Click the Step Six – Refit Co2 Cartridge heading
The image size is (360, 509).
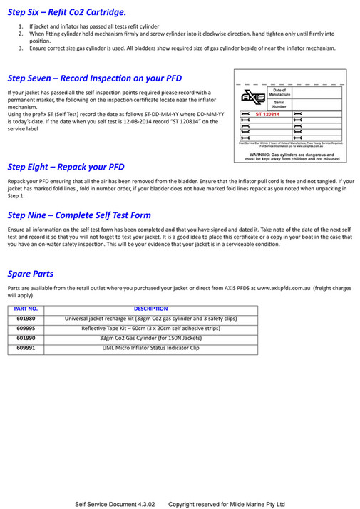(x=67, y=12)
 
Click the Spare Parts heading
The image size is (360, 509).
(x=30, y=273)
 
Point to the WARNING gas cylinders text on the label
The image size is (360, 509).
(x=289, y=155)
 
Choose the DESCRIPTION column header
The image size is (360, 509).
(x=150, y=309)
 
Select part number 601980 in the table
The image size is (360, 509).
(x=26, y=318)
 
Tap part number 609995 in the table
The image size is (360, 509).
(x=26, y=328)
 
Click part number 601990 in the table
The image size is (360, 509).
(x=26, y=338)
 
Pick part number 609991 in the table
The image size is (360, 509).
(x=26, y=348)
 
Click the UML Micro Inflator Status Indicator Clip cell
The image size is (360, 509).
(x=150, y=348)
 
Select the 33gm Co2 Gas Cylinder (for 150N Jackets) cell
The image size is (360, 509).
(x=150, y=338)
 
